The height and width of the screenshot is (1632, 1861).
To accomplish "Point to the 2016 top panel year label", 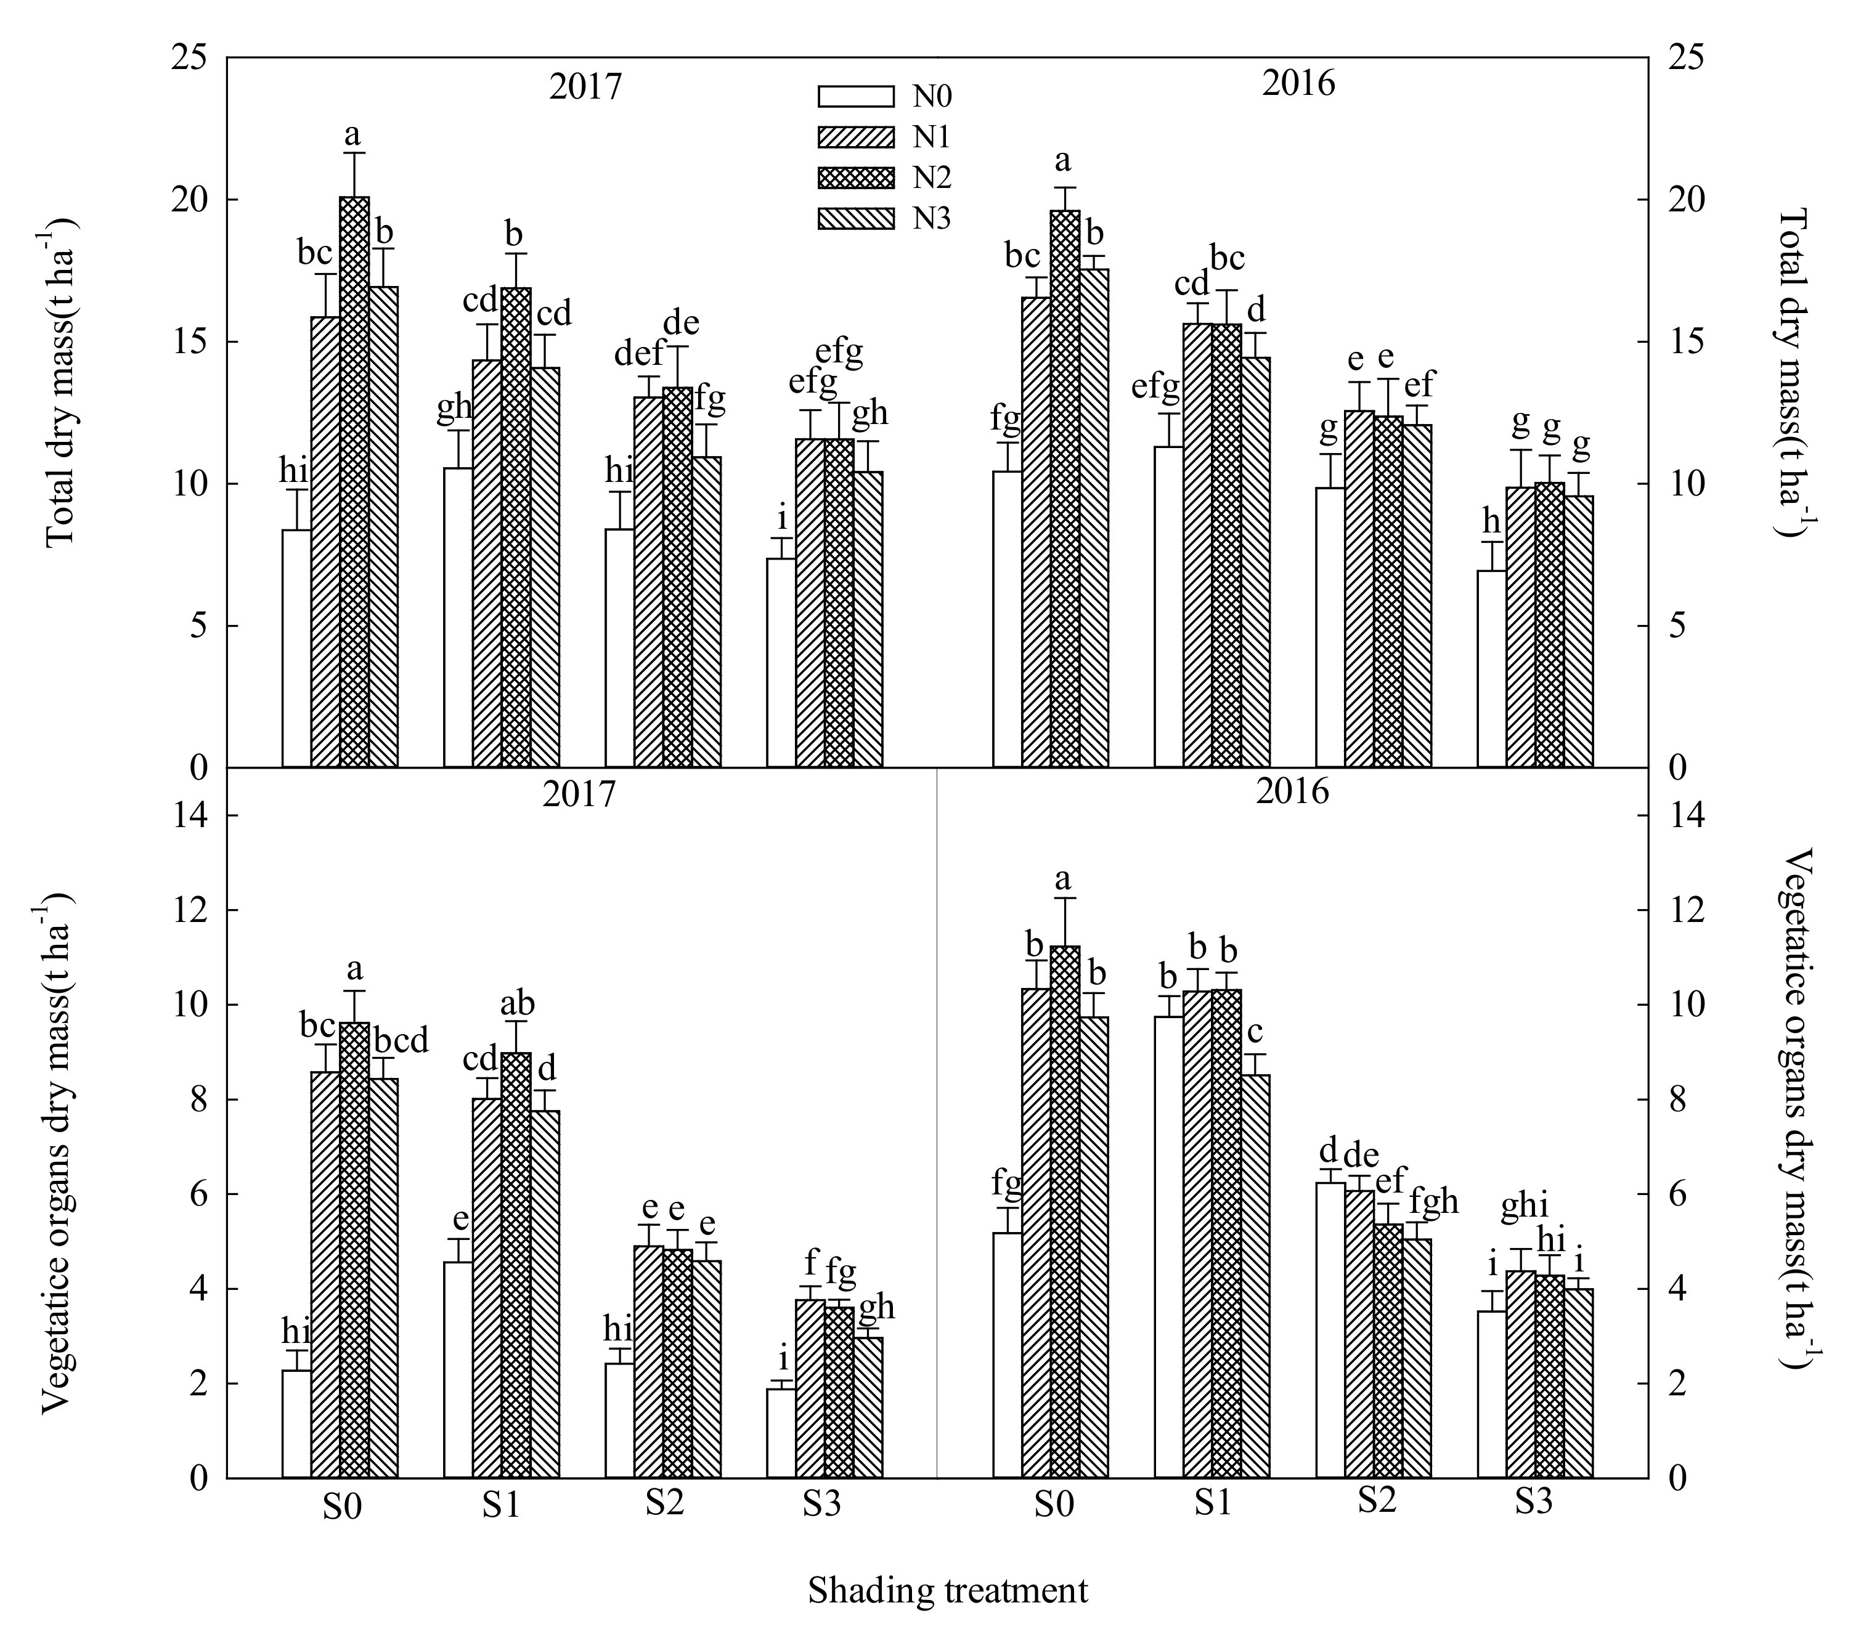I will [1298, 84].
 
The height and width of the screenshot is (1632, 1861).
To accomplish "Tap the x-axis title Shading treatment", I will [947, 1590].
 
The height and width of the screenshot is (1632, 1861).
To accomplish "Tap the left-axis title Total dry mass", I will [59, 383].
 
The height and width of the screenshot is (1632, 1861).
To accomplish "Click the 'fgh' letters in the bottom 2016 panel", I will [1434, 1201].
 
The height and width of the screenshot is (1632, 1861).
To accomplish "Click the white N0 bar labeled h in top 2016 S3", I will [1491, 667].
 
